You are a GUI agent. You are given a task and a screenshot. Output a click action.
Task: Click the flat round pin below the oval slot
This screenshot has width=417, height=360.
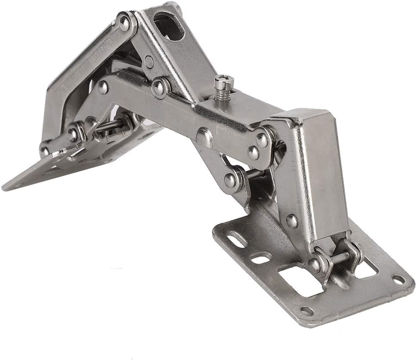pyautogui.click(x=149, y=62)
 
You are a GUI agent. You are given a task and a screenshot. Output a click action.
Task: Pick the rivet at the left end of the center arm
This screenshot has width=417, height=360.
pyautogui.click(x=103, y=88)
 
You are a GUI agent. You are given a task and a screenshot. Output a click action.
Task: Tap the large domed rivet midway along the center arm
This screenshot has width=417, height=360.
pyautogui.click(x=204, y=137)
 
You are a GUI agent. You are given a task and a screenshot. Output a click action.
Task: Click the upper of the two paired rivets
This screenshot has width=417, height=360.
pyautogui.click(x=261, y=138)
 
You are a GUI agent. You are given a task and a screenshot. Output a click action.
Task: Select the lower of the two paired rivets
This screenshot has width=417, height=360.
pyautogui.click(x=254, y=152)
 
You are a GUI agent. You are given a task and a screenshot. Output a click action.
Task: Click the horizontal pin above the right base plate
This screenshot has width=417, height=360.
pyautogui.click(x=340, y=258)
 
